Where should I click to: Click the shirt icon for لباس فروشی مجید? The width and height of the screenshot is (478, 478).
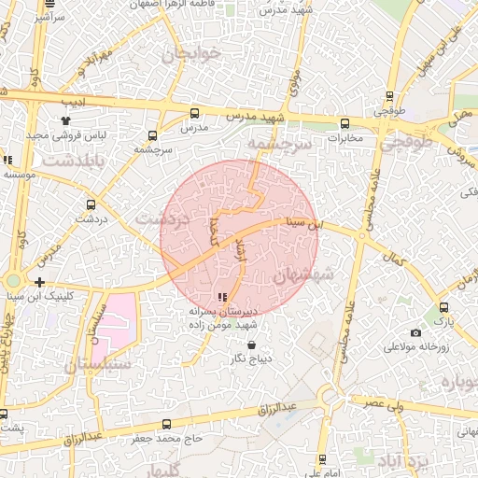[x=65, y=120]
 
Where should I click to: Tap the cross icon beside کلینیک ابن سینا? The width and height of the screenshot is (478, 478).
[x=39, y=281]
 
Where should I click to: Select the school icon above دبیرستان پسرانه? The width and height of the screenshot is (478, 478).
[x=221, y=298]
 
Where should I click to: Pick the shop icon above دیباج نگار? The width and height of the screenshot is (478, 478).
[x=251, y=344]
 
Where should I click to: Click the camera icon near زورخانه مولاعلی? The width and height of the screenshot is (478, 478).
[x=416, y=333]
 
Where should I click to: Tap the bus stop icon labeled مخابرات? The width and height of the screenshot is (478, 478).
[x=345, y=123]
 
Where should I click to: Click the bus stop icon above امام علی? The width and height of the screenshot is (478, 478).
[x=323, y=459]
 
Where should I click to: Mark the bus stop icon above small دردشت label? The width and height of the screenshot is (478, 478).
[x=91, y=204]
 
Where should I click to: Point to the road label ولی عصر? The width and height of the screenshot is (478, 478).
[x=388, y=402]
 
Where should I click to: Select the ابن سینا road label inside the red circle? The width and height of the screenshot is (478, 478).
[x=309, y=223]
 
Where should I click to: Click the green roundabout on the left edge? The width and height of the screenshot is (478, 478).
[x=13, y=280]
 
